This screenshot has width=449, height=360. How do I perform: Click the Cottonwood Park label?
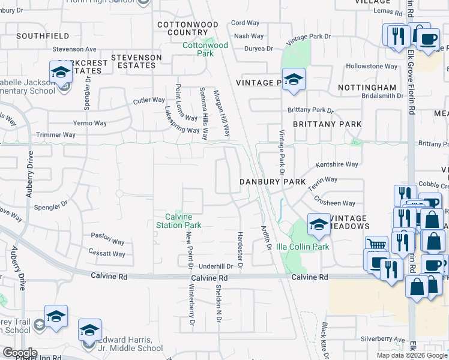pos(205,49)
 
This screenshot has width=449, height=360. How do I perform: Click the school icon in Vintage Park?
pos(294,80)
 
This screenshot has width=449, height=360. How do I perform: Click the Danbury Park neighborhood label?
pos(273,181)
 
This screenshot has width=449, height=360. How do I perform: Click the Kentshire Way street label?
pos(337,164)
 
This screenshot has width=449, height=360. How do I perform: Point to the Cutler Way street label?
pos(149,100)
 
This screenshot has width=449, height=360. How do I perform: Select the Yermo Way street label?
pos(90,123)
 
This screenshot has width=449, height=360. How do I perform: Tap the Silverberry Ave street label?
pos(383,339)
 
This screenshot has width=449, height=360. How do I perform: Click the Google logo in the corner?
pos(20,353)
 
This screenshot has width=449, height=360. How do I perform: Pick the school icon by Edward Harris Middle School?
pos(89,331)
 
